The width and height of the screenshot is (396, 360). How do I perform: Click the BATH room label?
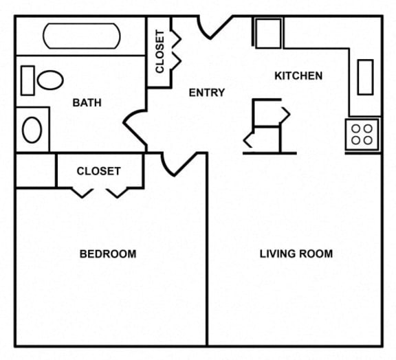click(x=87, y=103)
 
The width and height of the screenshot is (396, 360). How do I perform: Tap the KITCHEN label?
click(x=298, y=76)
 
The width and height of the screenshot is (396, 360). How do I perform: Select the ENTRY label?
click(x=207, y=93)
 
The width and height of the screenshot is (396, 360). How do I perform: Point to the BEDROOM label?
click(x=108, y=254)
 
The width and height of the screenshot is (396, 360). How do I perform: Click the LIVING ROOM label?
click(x=296, y=254)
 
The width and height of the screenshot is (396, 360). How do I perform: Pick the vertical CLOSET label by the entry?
click(x=160, y=52)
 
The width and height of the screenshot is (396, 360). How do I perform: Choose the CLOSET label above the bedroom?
click(x=99, y=171)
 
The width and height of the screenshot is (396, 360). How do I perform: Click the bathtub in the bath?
click(x=82, y=36)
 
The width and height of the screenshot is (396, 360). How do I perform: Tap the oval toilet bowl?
click(x=50, y=80)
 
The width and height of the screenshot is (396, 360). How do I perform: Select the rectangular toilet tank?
click(x=27, y=81)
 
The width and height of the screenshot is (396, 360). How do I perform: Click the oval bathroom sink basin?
click(x=32, y=130)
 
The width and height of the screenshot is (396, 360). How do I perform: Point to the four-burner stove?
click(x=362, y=135)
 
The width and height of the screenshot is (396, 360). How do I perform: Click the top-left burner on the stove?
click(x=355, y=128)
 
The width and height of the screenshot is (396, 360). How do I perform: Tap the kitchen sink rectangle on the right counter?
click(x=366, y=77)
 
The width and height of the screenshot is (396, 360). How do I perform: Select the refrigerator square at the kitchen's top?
click(x=268, y=33)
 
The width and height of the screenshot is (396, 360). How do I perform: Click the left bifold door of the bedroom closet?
click(x=82, y=193)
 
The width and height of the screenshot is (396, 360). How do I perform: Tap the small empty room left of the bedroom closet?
click(x=36, y=170)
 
